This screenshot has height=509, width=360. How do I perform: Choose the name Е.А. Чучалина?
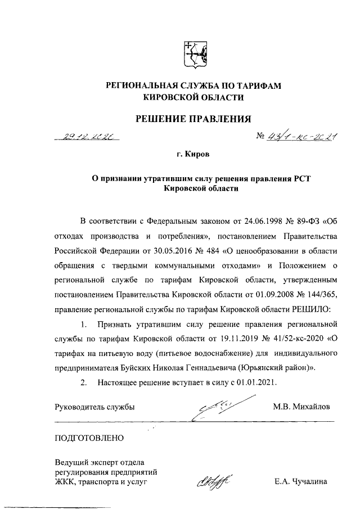pos(301,482)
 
